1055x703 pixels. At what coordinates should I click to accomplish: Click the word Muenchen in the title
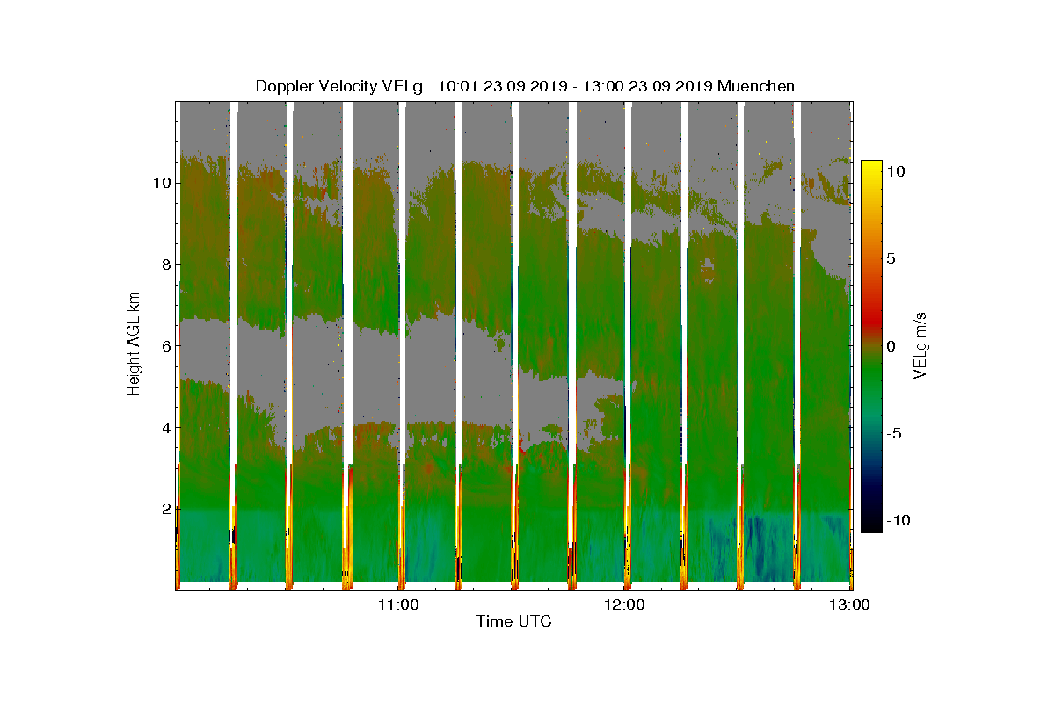tap(756, 86)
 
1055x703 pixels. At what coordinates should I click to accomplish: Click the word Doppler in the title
tap(284, 86)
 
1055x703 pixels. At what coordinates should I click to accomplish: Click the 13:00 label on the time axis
tap(850, 605)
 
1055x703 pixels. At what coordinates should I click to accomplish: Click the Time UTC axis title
tap(514, 622)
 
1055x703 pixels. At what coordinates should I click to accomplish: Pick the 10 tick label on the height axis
tap(161, 183)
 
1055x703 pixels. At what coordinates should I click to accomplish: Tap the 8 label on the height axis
tap(164, 265)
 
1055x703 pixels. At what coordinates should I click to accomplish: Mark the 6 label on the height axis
tap(164, 346)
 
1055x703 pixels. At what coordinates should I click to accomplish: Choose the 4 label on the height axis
tap(164, 428)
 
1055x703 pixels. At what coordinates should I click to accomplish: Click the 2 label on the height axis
tap(164, 509)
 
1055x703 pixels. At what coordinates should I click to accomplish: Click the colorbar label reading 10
tap(896, 172)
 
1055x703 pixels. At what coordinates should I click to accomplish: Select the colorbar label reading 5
tap(891, 259)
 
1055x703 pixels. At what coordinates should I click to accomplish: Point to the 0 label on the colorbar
tap(891, 346)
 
